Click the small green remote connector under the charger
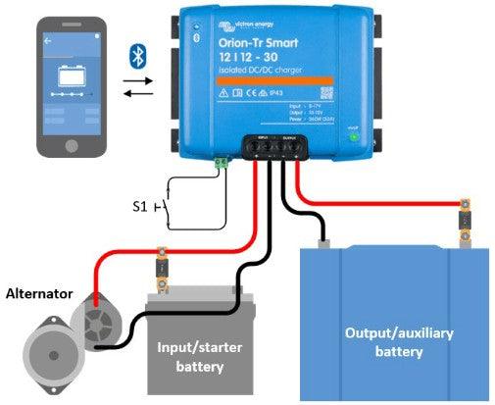(222, 163)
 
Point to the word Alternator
(39, 292)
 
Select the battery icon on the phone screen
(71, 75)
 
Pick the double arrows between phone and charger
(136, 88)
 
